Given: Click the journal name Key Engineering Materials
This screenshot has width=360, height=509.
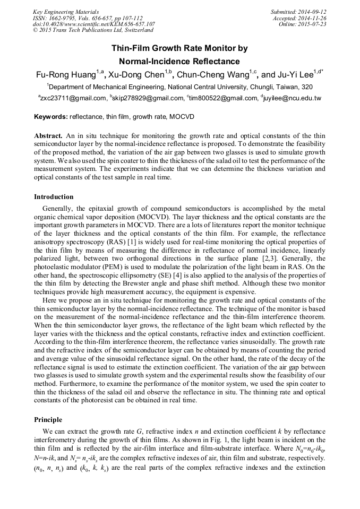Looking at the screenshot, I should (66, 12).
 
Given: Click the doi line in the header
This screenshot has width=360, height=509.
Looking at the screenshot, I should (94, 24).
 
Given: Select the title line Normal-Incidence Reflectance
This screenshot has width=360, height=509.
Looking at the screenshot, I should (179, 62).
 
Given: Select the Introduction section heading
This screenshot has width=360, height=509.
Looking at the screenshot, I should (54, 197).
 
